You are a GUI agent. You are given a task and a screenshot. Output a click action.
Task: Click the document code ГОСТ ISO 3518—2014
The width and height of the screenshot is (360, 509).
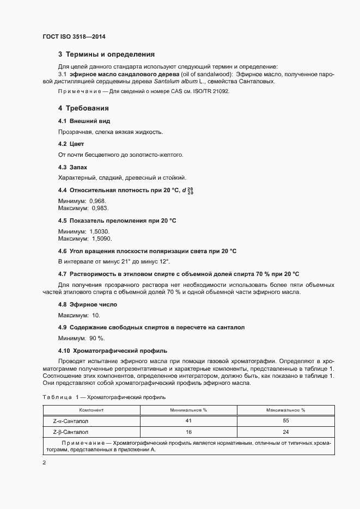pos(74,36)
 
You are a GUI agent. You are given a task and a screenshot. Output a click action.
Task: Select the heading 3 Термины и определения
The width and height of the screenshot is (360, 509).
pos(106,54)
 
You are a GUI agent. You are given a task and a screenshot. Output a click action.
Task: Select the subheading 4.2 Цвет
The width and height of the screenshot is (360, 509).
pos(71,144)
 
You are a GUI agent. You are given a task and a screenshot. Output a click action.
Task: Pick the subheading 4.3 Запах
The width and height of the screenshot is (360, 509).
pos(72,167)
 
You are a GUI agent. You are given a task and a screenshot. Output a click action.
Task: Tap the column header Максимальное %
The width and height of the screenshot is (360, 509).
pos(285,409)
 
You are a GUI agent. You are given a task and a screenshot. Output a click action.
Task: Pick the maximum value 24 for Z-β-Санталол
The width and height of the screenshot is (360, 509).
pos(285,432)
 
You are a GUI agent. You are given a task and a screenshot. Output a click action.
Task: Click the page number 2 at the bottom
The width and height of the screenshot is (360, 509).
pos(44,463)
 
